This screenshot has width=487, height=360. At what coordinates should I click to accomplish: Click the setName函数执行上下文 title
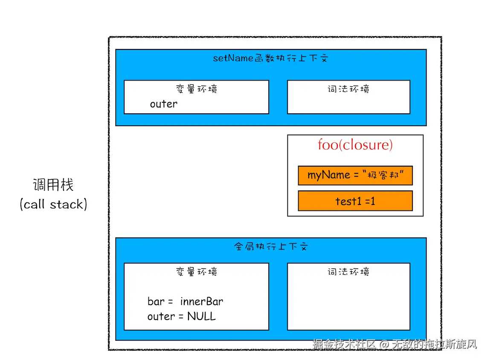click(271, 58)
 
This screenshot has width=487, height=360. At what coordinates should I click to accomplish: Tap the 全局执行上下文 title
click(271, 246)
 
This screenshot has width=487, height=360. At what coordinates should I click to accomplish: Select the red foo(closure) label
click(355, 145)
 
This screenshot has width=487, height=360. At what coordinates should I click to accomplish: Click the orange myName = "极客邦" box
click(355, 176)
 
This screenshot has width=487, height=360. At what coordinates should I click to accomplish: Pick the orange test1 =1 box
click(355, 201)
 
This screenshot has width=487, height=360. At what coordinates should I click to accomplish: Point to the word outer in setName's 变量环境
click(163, 104)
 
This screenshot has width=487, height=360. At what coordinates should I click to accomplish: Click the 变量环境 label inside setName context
click(197, 89)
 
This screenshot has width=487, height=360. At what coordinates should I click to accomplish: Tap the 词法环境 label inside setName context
click(348, 89)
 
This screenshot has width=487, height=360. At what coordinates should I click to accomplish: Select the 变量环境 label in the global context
click(197, 272)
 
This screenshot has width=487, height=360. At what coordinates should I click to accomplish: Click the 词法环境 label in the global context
click(348, 272)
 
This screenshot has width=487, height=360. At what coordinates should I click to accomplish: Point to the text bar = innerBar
click(185, 302)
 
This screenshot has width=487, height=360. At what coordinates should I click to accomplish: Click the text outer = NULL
click(182, 317)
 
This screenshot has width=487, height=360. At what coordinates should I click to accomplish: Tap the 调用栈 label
click(53, 185)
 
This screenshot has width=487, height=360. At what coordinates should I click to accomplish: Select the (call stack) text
click(53, 204)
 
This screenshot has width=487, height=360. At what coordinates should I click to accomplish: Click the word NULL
click(201, 317)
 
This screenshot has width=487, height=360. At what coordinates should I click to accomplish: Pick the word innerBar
click(202, 302)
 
